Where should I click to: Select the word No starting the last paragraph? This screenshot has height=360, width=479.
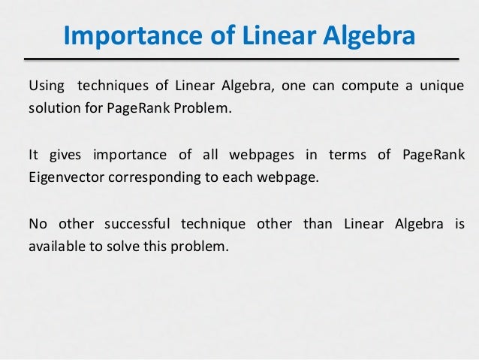tap(36, 225)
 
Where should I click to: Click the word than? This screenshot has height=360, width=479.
tap(315, 225)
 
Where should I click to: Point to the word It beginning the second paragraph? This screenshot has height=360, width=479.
tap(33, 155)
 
